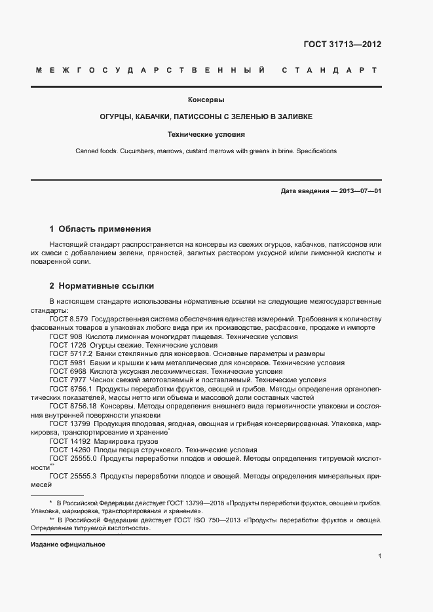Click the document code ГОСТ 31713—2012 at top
coord(342,45)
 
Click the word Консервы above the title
coord(206,100)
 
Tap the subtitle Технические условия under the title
coord(206,134)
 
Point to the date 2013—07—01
coord(359,191)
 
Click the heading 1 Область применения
coord(100,229)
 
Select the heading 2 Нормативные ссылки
coord(102,286)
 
